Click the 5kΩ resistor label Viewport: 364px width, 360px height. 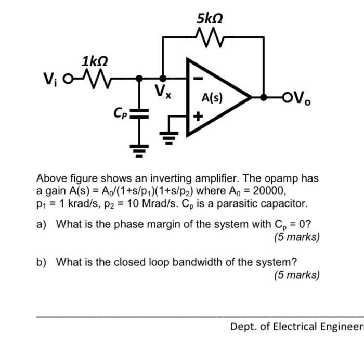210,19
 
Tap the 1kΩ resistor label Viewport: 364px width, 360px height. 95,62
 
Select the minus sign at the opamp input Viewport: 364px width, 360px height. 198,79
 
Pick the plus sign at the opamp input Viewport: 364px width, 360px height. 198,115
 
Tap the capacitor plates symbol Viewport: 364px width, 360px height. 139,113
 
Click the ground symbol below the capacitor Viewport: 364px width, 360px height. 139,151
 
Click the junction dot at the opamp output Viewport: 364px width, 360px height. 264,97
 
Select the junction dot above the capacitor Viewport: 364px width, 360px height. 139,79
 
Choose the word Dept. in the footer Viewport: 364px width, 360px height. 244,327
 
